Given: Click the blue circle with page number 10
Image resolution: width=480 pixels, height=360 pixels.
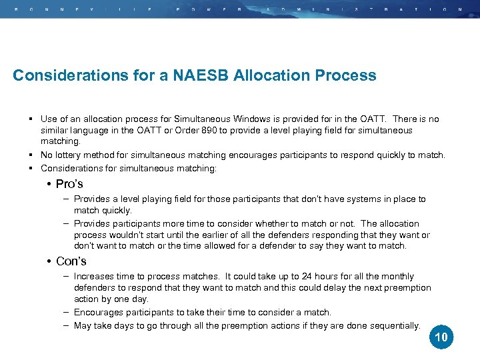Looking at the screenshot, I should [441, 337].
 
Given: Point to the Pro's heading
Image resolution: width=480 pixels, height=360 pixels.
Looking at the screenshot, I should [69, 184].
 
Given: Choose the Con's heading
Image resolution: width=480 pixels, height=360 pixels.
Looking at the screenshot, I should [71, 261].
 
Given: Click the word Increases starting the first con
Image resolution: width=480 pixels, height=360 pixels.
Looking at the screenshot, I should [94, 276].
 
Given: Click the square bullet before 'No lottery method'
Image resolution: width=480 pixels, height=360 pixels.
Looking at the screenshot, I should [31, 155].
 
